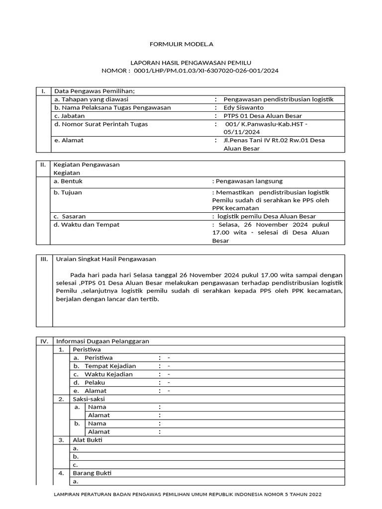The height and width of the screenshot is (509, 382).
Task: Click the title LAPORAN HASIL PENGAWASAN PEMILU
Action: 191,63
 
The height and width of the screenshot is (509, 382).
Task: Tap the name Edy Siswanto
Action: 244,107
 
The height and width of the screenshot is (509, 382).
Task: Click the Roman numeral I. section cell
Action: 43,91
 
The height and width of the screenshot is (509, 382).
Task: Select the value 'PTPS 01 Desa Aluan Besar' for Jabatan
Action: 263,116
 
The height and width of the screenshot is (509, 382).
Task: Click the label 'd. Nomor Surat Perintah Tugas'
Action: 101,124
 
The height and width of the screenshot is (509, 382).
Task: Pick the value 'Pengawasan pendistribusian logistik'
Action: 278,99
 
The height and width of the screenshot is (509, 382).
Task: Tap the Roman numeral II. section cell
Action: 43,165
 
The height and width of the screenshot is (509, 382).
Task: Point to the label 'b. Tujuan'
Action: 68,192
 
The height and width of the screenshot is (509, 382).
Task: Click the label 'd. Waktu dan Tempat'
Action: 87,225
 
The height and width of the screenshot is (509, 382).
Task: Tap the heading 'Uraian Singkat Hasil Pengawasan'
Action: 106,259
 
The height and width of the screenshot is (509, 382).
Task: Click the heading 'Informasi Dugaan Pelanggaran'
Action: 102,341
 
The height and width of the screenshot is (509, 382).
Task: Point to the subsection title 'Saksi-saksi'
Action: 89,399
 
